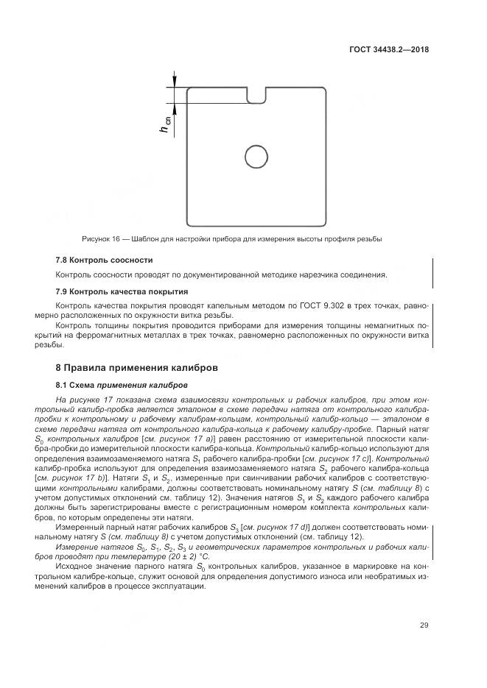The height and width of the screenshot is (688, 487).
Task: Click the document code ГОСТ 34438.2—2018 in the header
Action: click(389, 51)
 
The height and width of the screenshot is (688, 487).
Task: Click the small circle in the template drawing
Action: click(256, 156)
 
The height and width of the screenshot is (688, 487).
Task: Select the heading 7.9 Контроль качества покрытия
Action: click(121, 291)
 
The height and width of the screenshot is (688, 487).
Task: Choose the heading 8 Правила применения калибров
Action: click(137, 366)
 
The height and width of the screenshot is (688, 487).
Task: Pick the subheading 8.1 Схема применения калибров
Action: click(122, 384)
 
